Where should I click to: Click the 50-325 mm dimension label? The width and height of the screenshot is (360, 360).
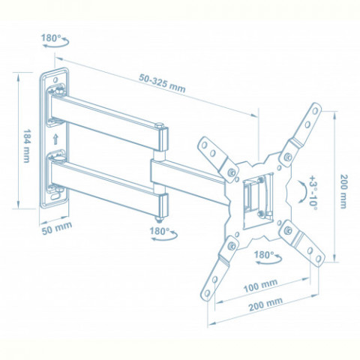click(162, 83)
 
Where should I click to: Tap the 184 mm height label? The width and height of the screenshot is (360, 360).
click(27, 145)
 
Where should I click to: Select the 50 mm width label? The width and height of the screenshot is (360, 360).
click(57, 228)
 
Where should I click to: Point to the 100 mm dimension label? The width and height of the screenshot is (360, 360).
click(260, 286)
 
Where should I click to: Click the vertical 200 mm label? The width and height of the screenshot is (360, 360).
click(343, 191)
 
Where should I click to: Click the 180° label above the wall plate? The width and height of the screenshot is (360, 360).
click(51, 38)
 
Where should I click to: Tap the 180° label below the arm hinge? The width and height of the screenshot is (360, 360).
click(160, 231)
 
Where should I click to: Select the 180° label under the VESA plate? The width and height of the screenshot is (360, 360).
click(264, 255)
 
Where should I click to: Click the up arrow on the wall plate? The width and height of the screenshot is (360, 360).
click(55, 139)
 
